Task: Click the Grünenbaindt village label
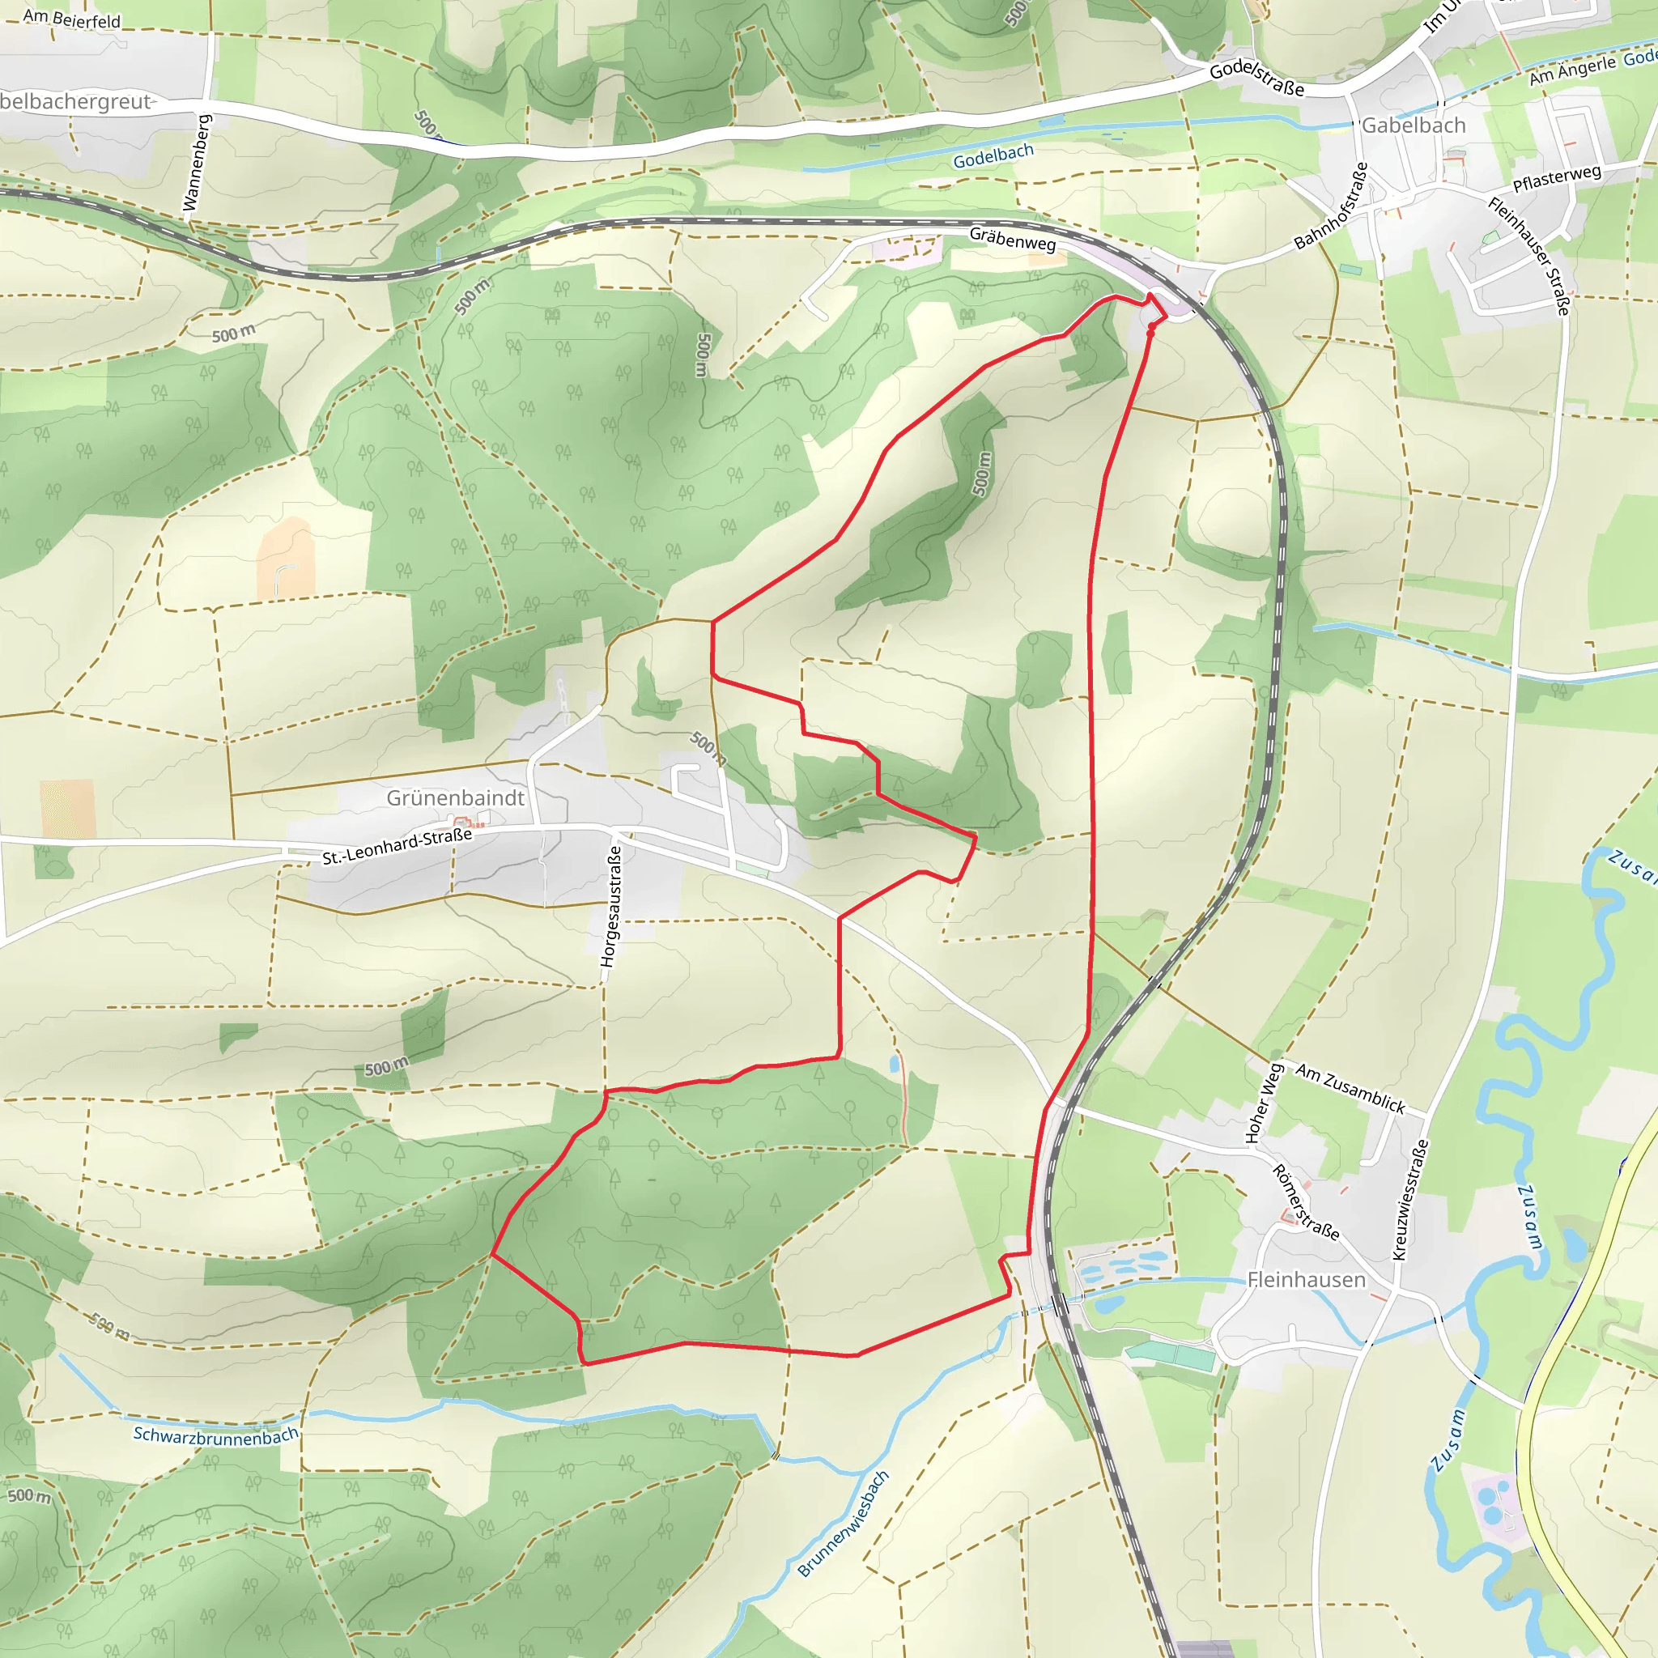pyautogui.click(x=455, y=798)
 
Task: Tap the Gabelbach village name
pyautogui.click(x=1414, y=126)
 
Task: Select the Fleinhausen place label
pyautogui.click(x=1306, y=1280)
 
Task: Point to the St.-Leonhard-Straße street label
pyautogui.click(x=397, y=846)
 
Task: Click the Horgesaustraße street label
pyautogui.click(x=612, y=906)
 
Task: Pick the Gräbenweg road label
pyautogui.click(x=1013, y=239)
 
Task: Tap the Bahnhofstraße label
pyautogui.click(x=1331, y=206)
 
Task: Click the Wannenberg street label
pyautogui.click(x=197, y=162)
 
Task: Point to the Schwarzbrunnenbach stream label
pyautogui.click(x=216, y=1435)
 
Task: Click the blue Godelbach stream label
pyautogui.click(x=994, y=156)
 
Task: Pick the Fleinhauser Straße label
pyautogui.click(x=1530, y=255)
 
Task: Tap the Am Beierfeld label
pyautogui.click(x=72, y=18)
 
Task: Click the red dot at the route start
pyautogui.click(x=1151, y=326)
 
